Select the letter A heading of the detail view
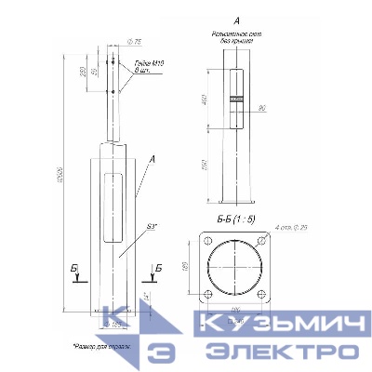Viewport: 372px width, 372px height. (237, 20)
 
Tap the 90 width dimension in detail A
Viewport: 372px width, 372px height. (263, 109)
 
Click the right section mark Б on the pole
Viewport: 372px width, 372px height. (159, 268)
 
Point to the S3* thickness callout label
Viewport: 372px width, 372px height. (151, 224)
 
